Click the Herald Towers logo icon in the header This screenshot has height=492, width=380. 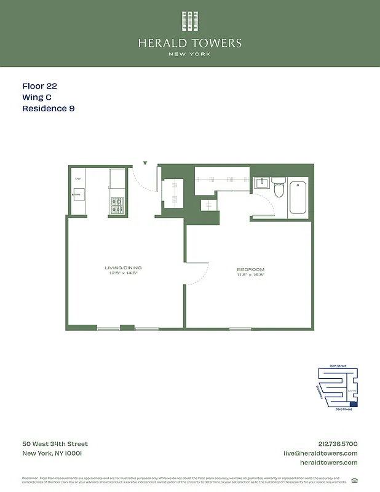[189, 22]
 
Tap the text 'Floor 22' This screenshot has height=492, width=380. [39, 87]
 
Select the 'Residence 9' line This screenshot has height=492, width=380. [49, 109]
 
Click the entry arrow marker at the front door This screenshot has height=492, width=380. [145, 164]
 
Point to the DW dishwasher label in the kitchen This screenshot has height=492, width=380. [78, 178]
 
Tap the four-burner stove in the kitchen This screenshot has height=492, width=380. [117, 205]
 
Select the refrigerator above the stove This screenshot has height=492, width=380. [117, 178]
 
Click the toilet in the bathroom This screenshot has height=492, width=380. [279, 189]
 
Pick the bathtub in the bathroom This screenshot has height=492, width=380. [299, 197]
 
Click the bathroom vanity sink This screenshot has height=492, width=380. [261, 183]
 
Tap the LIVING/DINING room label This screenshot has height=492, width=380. [123, 268]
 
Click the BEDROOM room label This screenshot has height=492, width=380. [250, 270]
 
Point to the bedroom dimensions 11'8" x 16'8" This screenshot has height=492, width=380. [250, 276]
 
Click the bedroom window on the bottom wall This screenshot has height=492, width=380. [240, 329]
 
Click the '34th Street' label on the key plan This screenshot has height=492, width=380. [338, 366]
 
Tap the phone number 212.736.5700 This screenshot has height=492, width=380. [338, 444]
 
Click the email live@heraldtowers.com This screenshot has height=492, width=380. [320, 453]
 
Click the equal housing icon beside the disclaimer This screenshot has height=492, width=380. [354, 480]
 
